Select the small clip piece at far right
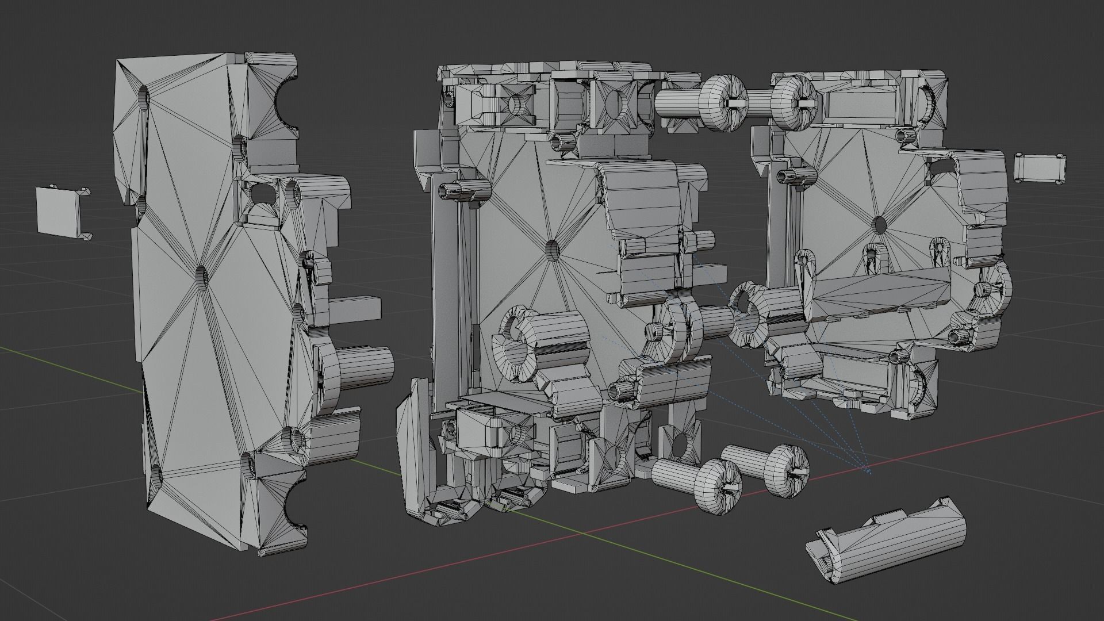point(1040,168)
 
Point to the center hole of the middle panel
point(551,249)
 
